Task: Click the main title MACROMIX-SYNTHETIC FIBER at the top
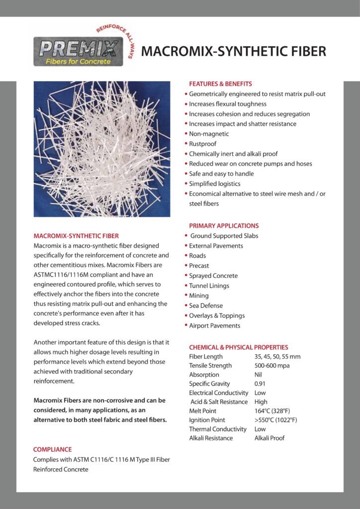click(234, 51)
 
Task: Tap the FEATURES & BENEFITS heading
click(220, 84)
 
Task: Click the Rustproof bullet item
click(202, 144)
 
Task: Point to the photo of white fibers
click(101, 149)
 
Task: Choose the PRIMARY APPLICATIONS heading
click(224, 226)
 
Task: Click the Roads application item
click(197, 255)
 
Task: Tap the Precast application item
click(199, 265)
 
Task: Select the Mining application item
click(199, 295)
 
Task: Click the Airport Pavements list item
click(214, 326)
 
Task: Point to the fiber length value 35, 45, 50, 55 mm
click(277, 356)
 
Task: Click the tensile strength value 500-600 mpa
click(271, 365)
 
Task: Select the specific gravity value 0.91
click(260, 384)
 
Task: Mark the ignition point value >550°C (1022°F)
click(275, 420)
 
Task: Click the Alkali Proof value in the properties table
click(269, 438)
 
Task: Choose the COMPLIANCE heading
click(52, 449)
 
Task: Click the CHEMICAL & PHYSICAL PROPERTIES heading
click(238, 347)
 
